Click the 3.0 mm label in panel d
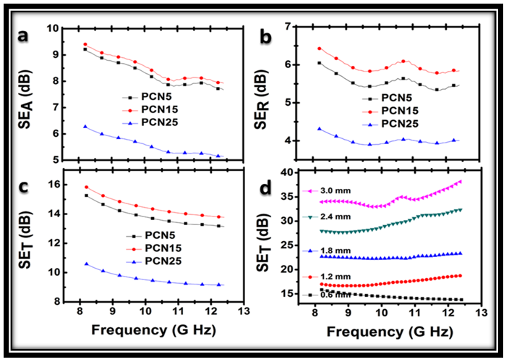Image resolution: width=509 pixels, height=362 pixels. (x=335, y=191)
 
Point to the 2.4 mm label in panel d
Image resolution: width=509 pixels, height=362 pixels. (x=335, y=217)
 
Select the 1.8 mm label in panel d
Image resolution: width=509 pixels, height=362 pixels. (x=335, y=250)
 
